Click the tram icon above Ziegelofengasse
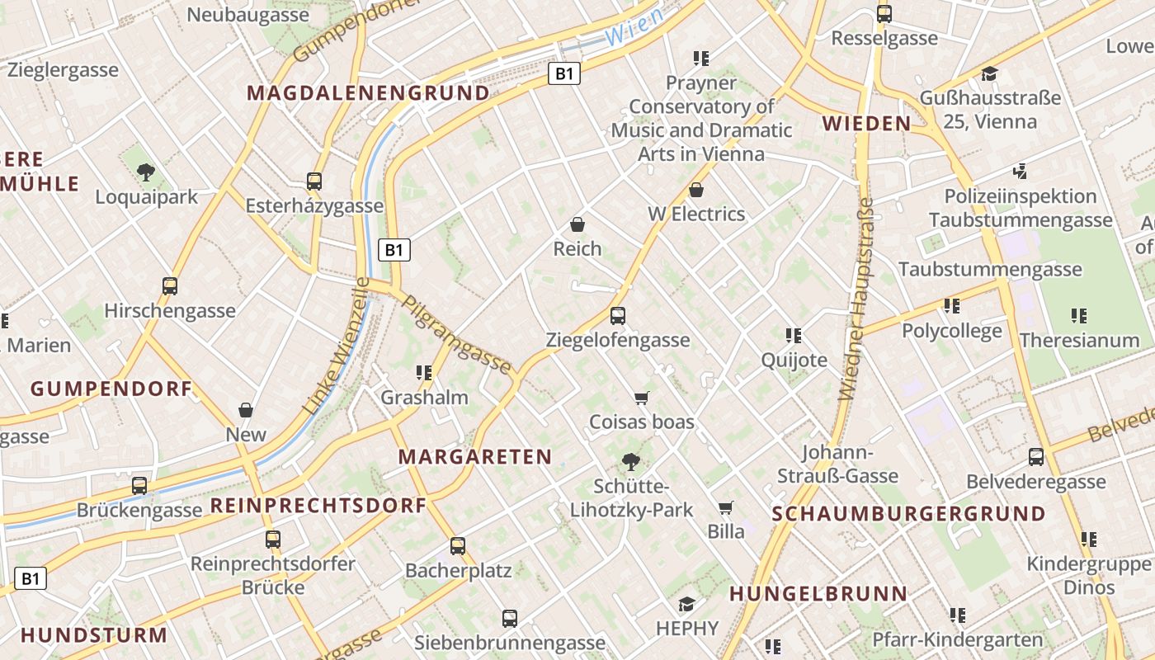(617, 315)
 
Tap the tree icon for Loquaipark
(147, 172)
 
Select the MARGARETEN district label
(475, 456)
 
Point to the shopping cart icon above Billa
(725, 507)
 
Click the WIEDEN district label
(866, 124)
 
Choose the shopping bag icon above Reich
(577, 224)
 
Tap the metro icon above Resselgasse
(884, 14)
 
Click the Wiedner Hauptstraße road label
(857, 299)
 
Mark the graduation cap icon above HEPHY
(686, 605)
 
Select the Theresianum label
(1079, 340)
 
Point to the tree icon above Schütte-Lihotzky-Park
(631, 461)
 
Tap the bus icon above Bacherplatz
(458, 546)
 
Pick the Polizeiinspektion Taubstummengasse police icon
(1021, 172)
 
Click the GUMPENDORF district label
(111, 389)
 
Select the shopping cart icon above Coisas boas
(642, 398)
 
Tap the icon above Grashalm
(424, 373)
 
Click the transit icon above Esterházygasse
(314, 181)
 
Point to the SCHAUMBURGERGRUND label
(908, 513)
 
